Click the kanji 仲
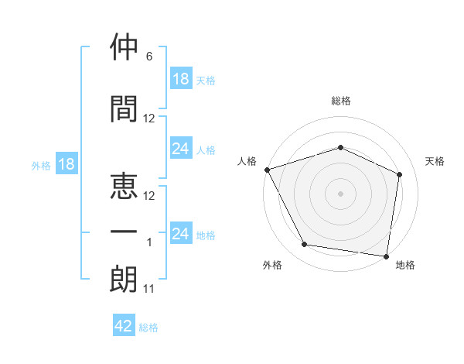click(124, 46)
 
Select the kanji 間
click(124, 108)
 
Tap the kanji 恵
click(124, 186)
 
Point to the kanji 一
click(124, 232)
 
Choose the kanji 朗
click(124, 279)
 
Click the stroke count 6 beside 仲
click(149, 57)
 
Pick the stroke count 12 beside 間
click(148, 118)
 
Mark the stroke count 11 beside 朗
click(148, 289)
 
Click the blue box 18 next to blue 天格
click(182, 78)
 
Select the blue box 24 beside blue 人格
click(182, 148)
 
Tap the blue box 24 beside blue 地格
click(182, 232)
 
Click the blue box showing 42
click(124, 325)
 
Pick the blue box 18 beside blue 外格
click(67, 163)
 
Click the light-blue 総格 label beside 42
click(148, 328)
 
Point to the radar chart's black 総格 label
click(341, 101)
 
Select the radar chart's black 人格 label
click(247, 161)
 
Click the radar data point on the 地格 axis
click(386, 256)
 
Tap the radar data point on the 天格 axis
click(399, 174)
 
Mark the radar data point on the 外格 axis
click(305, 244)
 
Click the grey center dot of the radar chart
click(340, 194)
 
